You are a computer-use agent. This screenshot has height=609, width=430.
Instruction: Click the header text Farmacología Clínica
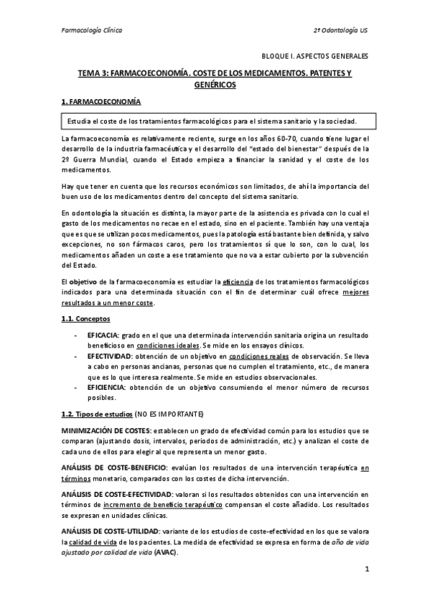pos(90,31)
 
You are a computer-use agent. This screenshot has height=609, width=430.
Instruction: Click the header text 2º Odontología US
pos(340,31)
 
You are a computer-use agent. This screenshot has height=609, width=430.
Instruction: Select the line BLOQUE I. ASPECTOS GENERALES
pos(314,55)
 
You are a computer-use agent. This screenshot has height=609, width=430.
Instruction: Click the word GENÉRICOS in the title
pos(215,85)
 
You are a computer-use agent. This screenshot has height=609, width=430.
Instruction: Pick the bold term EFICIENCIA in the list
pos(106,387)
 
